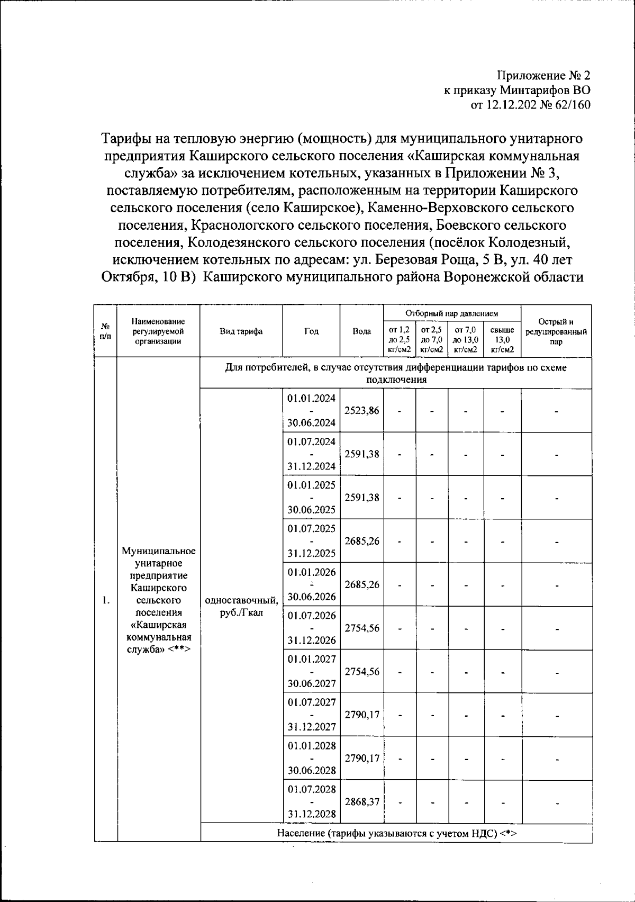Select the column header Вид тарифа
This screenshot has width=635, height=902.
(x=241, y=332)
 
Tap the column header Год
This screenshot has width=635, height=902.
(x=311, y=332)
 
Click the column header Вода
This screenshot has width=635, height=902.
(x=361, y=332)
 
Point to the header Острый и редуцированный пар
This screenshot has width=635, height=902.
(x=556, y=332)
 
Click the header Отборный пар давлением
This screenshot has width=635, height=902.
(x=452, y=314)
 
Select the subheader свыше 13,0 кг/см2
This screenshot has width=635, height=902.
(x=502, y=339)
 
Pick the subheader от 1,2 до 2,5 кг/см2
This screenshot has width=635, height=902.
(x=400, y=339)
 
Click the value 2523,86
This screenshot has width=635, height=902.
(x=362, y=410)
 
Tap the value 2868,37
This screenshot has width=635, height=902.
(x=362, y=801)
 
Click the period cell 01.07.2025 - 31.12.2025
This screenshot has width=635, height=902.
(x=311, y=541)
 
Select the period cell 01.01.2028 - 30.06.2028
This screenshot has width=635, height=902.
(x=311, y=758)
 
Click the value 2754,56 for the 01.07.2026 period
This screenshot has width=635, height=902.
(x=362, y=628)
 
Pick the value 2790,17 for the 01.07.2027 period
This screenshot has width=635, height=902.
(x=362, y=715)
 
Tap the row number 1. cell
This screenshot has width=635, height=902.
(x=106, y=600)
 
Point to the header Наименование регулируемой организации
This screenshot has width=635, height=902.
(x=158, y=332)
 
